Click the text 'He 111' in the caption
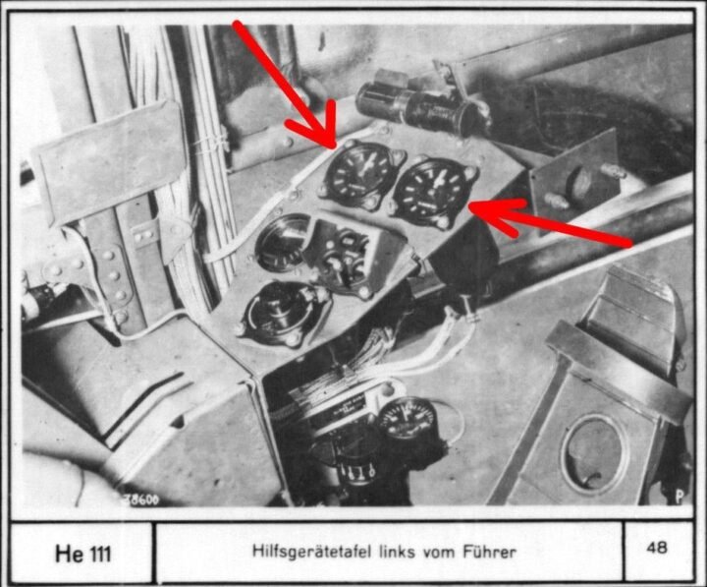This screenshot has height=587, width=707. (x=82, y=553)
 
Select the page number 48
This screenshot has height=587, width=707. (x=657, y=549)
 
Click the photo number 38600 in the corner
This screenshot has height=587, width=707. (x=140, y=499)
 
